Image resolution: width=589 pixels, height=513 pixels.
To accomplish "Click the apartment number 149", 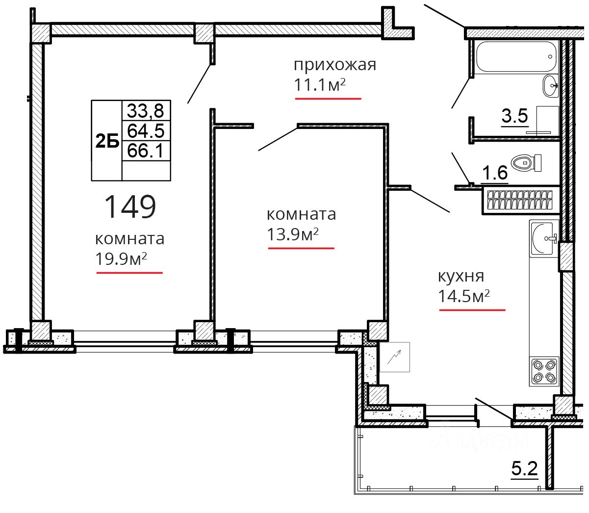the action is (x=130, y=206).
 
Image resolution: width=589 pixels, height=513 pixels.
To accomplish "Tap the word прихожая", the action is (x=335, y=65).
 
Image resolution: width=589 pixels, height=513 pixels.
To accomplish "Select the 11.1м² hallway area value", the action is (x=320, y=85).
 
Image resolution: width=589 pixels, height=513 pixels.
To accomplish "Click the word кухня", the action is (x=461, y=276).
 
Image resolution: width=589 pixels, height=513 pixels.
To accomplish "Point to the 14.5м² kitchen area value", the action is (x=463, y=296).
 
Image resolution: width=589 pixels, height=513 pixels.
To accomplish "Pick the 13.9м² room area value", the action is (x=292, y=234).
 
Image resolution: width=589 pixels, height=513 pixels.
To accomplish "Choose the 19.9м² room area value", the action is (x=121, y=259).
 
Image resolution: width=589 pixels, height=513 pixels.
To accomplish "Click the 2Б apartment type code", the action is (x=107, y=141).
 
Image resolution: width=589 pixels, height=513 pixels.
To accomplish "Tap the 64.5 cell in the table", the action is (x=146, y=130).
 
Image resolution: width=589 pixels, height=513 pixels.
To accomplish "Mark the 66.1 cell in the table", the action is (x=146, y=150).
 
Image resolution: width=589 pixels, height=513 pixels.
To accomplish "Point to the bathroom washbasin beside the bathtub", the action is (x=551, y=86).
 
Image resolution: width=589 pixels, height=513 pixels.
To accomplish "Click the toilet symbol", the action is (x=526, y=163).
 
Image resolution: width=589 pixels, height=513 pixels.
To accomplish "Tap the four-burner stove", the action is (x=544, y=371).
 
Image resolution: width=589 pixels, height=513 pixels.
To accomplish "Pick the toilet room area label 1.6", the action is (x=494, y=173).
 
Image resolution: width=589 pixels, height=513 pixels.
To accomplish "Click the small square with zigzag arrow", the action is (x=395, y=357).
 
